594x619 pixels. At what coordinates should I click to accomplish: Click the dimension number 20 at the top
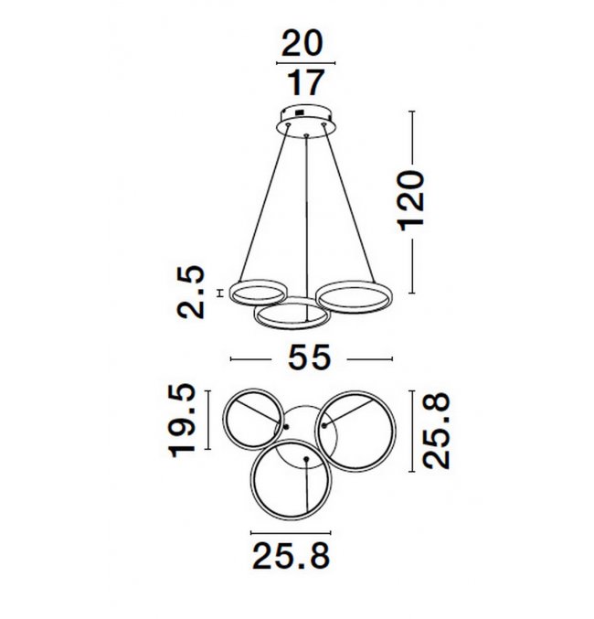(302, 43)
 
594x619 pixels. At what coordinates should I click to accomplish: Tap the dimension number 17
(305, 82)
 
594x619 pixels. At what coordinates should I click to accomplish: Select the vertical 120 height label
(411, 200)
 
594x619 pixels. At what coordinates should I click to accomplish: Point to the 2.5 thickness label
(191, 293)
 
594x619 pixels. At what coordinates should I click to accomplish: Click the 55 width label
(309, 358)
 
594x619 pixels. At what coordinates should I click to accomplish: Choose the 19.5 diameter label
(183, 420)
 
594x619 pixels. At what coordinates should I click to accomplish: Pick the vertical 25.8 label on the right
(436, 431)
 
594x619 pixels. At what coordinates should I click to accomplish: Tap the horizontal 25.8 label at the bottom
(291, 556)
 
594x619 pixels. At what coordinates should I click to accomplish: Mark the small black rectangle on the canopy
(299, 112)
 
